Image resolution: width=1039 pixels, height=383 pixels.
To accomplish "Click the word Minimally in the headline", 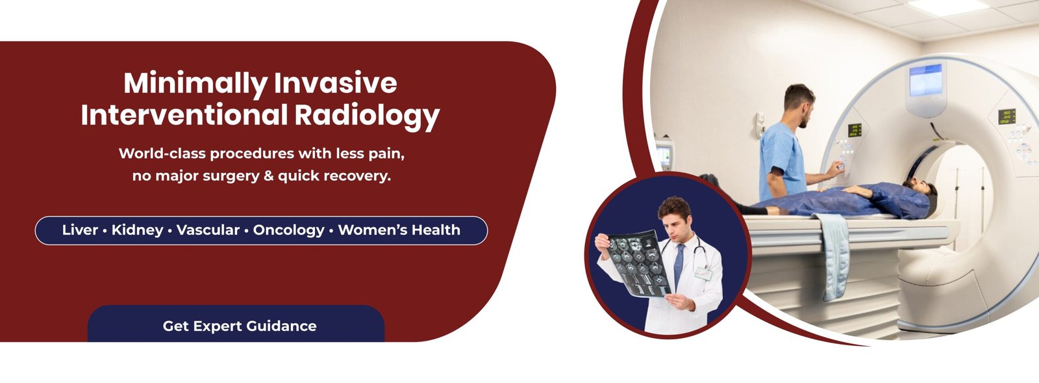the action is tap(195, 84).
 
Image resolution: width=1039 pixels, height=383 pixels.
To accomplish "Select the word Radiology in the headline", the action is tap(367, 116).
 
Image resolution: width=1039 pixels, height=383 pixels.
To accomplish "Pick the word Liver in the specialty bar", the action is tap(80, 230).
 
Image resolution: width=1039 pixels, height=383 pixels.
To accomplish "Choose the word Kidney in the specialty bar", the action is tap(137, 230).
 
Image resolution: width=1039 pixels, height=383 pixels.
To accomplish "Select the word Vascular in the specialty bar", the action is tap(208, 230).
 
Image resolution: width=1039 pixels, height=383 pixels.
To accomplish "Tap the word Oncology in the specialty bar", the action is tap(288, 230).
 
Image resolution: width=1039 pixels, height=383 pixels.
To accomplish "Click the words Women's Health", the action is tap(399, 230).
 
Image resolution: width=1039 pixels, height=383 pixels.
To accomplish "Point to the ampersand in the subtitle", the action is tap(266, 176).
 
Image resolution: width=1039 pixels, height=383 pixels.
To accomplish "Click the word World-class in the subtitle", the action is tap(162, 153).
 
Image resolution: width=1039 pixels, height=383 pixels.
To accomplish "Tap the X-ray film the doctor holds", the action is tap(640, 263).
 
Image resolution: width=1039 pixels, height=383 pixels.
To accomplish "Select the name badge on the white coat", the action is tap(703, 273).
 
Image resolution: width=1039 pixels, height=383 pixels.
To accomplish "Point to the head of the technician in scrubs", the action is tap(799, 105).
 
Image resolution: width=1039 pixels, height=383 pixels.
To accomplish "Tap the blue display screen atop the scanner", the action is tap(925, 80).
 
